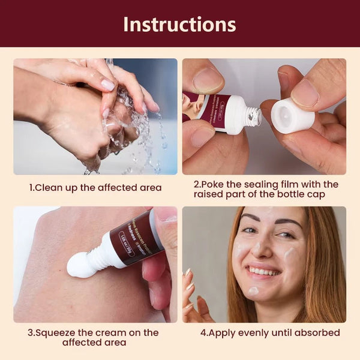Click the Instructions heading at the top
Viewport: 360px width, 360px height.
pos(179,24)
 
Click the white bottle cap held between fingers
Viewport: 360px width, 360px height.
pos(293,116)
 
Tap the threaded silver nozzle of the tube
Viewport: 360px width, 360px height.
pos(253,116)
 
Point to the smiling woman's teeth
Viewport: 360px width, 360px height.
pos(265,271)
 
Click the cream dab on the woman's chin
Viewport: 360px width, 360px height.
pos(254,291)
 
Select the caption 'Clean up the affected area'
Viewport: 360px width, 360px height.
pos(95,188)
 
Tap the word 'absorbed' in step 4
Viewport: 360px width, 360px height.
pos(319,332)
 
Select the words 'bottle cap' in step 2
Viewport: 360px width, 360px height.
pos(304,194)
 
